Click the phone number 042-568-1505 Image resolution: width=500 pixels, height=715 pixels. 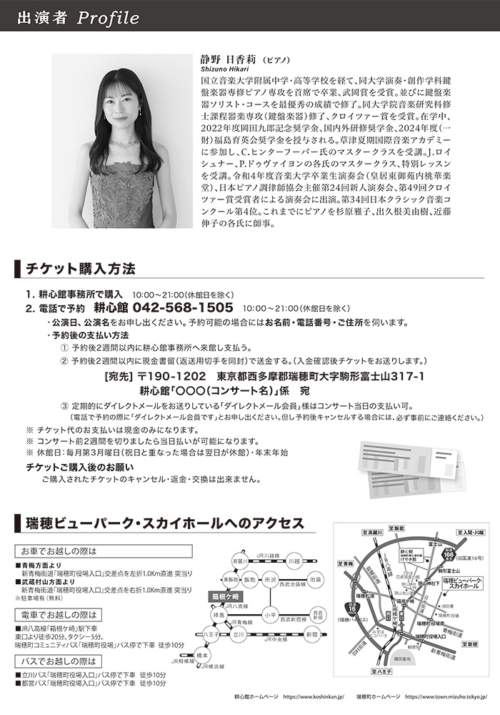coord(182,307)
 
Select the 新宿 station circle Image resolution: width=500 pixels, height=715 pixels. coord(312,633)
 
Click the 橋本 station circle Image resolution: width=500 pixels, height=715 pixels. coord(203,654)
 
